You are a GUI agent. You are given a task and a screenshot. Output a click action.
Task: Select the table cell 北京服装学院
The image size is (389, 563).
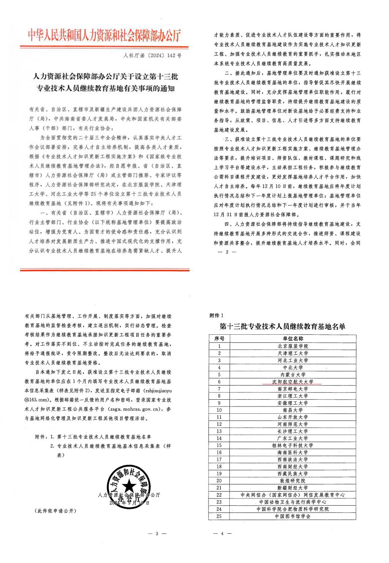pyautogui.click(x=293, y=346)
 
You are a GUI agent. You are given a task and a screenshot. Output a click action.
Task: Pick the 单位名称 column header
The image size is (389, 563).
pyautogui.click(x=293, y=339)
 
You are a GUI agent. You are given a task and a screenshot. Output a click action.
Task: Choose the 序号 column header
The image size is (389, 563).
pyautogui.click(x=219, y=339)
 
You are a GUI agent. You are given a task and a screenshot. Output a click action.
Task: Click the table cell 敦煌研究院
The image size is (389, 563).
pyautogui.click(x=293, y=481)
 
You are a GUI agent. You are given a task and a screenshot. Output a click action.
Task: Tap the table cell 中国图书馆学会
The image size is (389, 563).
pyautogui.click(x=293, y=516)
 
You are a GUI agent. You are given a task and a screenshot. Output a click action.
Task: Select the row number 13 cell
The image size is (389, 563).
pyautogui.click(x=219, y=431)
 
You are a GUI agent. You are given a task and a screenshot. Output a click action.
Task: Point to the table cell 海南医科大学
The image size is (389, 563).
pyautogui.click(x=293, y=452)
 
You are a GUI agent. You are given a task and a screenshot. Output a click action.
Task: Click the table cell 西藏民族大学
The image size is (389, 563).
pyautogui.click(x=293, y=474)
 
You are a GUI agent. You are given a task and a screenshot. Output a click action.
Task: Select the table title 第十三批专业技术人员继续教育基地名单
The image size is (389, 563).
pyautogui.click(x=283, y=326)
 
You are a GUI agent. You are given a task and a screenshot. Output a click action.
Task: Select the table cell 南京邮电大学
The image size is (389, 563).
pyautogui.click(x=293, y=389)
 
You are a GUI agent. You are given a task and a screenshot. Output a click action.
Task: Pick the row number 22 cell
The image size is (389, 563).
pyautogui.click(x=219, y=495)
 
